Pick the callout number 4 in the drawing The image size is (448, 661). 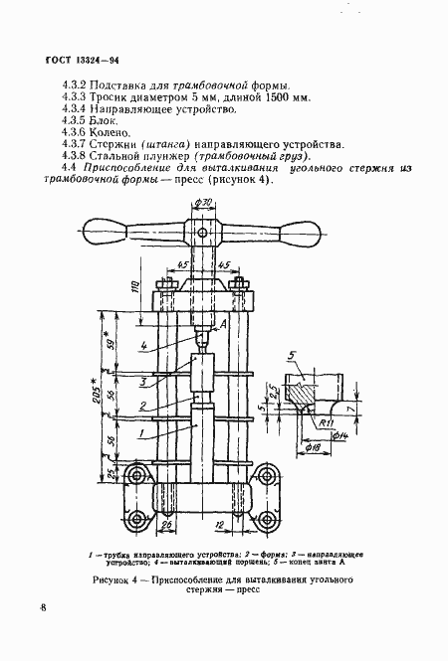144,346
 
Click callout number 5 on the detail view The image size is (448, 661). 289,356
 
